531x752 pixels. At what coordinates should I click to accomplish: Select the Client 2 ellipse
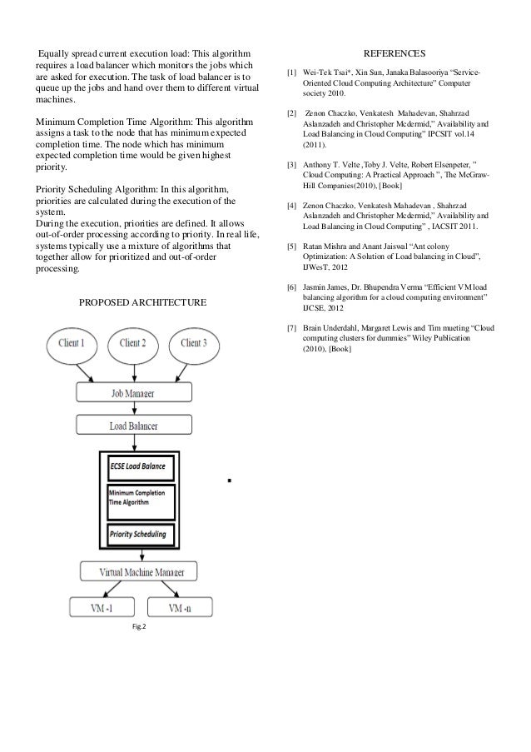point(134,343)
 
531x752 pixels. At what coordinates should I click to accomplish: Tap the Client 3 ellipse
point(193,343)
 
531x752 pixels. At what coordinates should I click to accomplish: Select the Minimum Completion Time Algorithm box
point(139,499)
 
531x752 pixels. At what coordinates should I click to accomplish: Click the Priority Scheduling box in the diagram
point(139,533)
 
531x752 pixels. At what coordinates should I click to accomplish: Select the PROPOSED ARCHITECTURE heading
point(142,300)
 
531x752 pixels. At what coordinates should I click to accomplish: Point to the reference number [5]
point(290,247)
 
